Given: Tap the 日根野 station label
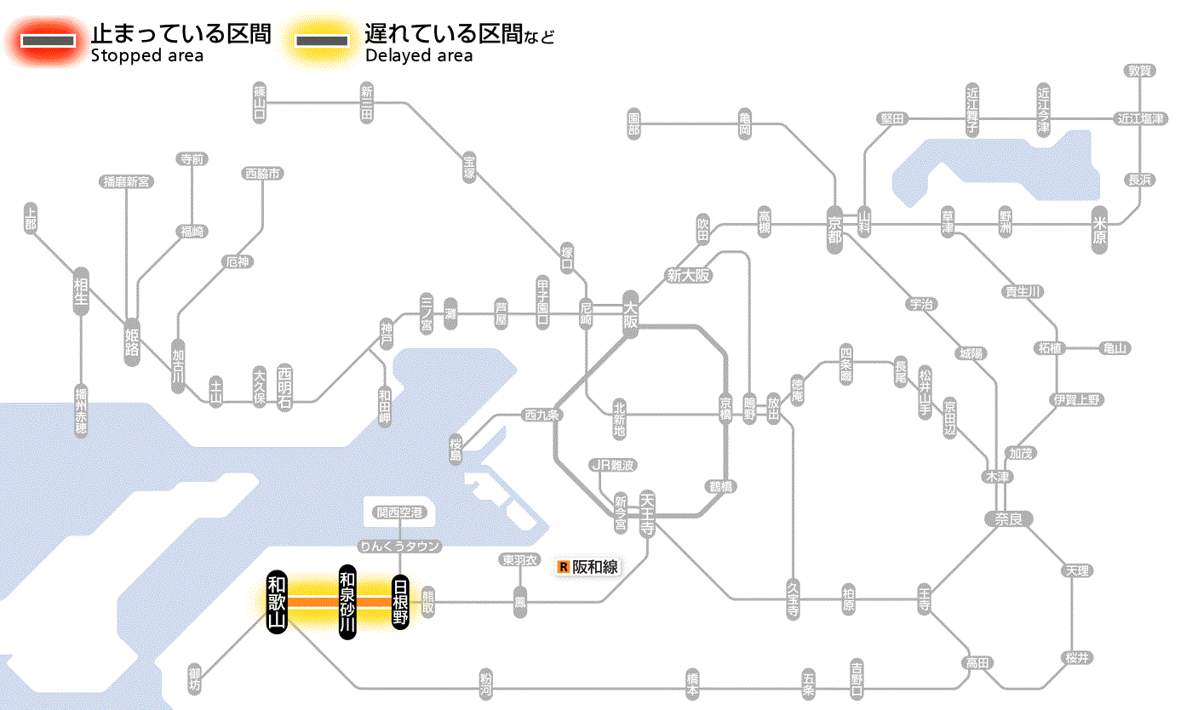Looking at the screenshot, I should (x=400, y=602).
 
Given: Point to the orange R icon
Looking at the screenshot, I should (x=563, y=567).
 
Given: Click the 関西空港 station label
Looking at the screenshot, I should (x=399, y=512).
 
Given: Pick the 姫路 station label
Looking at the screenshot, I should (x=132, y=341).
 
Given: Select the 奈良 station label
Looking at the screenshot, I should (x=1007, y=518).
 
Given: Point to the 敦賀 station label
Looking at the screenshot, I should (x=1139, y=71).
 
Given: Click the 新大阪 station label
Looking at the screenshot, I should (x=688, y=276).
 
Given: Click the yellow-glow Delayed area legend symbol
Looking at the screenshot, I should (x=321, y=40).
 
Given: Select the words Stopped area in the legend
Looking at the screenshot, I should (x=147, y=56).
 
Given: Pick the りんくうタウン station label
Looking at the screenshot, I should (x=399, y=546).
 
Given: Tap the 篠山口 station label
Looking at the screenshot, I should (x=260, y=103).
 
